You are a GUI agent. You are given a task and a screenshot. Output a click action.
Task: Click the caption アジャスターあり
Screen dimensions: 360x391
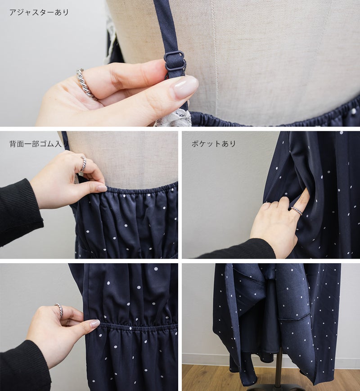coord(39,13)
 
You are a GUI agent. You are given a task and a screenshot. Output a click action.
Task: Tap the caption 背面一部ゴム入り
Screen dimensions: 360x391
coord(39,144)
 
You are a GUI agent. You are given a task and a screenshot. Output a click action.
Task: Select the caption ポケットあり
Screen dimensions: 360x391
coord(214,144)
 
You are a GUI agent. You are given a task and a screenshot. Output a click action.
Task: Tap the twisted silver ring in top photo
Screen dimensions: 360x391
coord(85,84)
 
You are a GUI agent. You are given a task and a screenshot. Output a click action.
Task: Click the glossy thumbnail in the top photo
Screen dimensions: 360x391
coord(184,87)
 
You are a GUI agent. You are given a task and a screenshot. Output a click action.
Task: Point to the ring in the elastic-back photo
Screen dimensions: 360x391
coord(84,164)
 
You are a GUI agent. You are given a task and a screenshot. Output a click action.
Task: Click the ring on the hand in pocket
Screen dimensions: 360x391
coord(297,211)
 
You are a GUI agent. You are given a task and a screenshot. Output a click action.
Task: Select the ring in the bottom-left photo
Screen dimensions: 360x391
coord(59,310)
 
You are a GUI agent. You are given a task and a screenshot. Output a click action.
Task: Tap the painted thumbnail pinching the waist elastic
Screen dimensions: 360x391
coord(94,324)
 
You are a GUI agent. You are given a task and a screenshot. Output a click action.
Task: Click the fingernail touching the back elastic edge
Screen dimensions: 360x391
coord(102,188)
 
